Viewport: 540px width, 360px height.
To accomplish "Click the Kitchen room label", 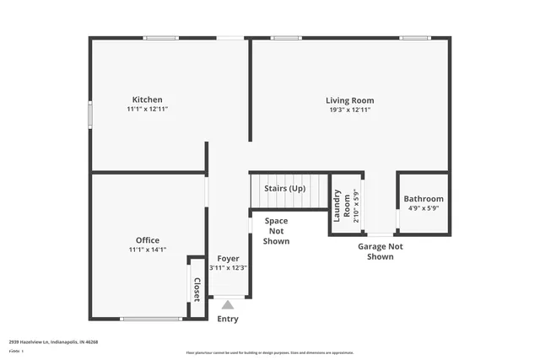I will pos(147,99).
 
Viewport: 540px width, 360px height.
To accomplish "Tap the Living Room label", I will pos(349,99).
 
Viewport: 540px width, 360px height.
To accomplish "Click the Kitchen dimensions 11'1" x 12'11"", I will pos(147,110).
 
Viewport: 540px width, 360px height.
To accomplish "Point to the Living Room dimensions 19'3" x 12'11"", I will pos(349,110).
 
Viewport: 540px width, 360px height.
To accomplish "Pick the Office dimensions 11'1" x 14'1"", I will pos(147,250).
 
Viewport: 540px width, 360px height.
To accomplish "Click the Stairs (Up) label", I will pos(284,189).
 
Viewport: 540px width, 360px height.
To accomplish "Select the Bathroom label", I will pos(424,199).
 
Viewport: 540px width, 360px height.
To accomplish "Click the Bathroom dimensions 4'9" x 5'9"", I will pos(424,208).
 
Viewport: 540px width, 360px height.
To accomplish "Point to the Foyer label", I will pos(228,259).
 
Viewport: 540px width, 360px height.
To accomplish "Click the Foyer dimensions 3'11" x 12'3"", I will pos(228,268).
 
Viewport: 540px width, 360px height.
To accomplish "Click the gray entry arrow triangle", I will pos(228,305).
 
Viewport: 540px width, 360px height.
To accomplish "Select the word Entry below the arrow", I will pos(228,319).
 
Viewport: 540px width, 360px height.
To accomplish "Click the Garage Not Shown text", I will pos(380,251).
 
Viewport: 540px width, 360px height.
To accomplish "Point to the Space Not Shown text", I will pos(277,231).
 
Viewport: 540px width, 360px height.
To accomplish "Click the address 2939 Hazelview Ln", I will pos(53,342).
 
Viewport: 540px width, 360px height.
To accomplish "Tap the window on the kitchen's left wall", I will pos(91,115).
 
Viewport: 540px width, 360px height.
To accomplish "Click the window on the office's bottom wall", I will pos(151,319).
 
